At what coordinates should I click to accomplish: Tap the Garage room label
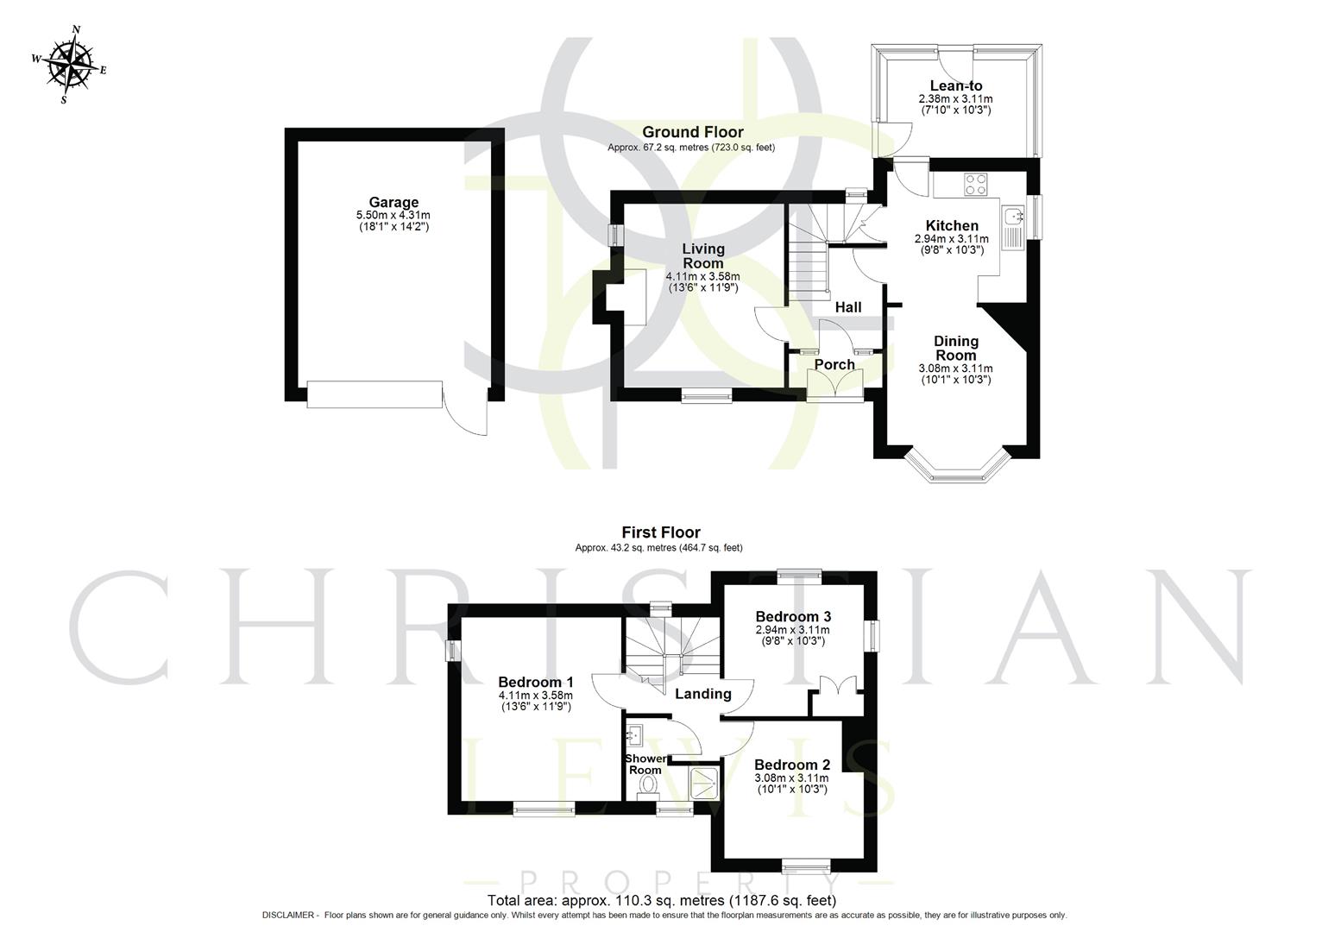(393, 203)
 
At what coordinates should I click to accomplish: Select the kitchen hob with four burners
(975, 184)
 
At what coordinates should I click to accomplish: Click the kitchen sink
(1012, 215)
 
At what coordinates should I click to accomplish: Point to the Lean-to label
(955, 85)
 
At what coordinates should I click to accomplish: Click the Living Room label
(703, 255)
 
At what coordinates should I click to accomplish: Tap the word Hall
(848, 307)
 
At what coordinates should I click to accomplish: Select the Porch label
(834, 364)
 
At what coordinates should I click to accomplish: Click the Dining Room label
(955, 348)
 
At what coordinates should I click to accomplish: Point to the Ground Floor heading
(692, 132)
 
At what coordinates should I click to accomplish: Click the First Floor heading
(661, 532)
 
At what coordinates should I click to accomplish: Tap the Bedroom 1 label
(536, 682)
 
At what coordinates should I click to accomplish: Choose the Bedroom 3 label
(792, 616)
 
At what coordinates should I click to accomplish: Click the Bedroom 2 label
(791, 765)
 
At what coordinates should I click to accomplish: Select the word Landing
(702, 694)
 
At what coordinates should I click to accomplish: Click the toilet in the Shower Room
(647, 784)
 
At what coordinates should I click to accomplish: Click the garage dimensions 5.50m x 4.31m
(393, 215)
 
